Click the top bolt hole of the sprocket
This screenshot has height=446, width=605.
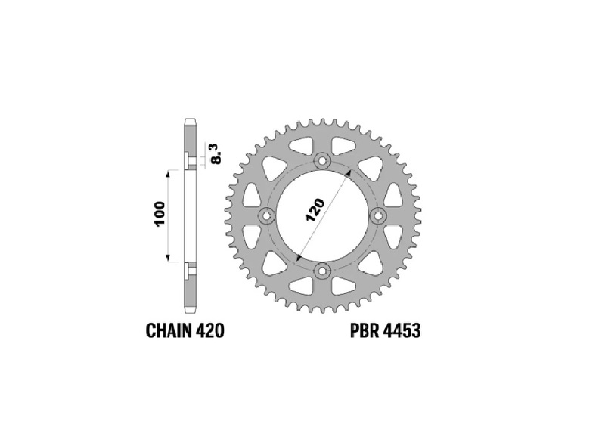point(323,160)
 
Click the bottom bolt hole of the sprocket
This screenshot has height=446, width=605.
point(323,271)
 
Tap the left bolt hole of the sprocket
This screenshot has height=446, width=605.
point(267,216)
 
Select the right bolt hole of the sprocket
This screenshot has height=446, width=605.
point(378,216)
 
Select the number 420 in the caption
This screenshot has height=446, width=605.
point(209,330)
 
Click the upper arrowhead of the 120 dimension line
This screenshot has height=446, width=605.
point(348,172)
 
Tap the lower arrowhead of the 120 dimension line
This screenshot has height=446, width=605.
point(299,259)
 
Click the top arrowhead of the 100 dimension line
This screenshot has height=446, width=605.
point(168,173)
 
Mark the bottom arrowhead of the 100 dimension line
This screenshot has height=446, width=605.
point(168,259)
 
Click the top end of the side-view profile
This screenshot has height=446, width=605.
point(189,121)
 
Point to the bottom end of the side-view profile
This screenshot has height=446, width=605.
point(189,311)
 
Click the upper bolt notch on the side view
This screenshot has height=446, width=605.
point(189,161)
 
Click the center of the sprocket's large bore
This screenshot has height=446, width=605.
point(323,216)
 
